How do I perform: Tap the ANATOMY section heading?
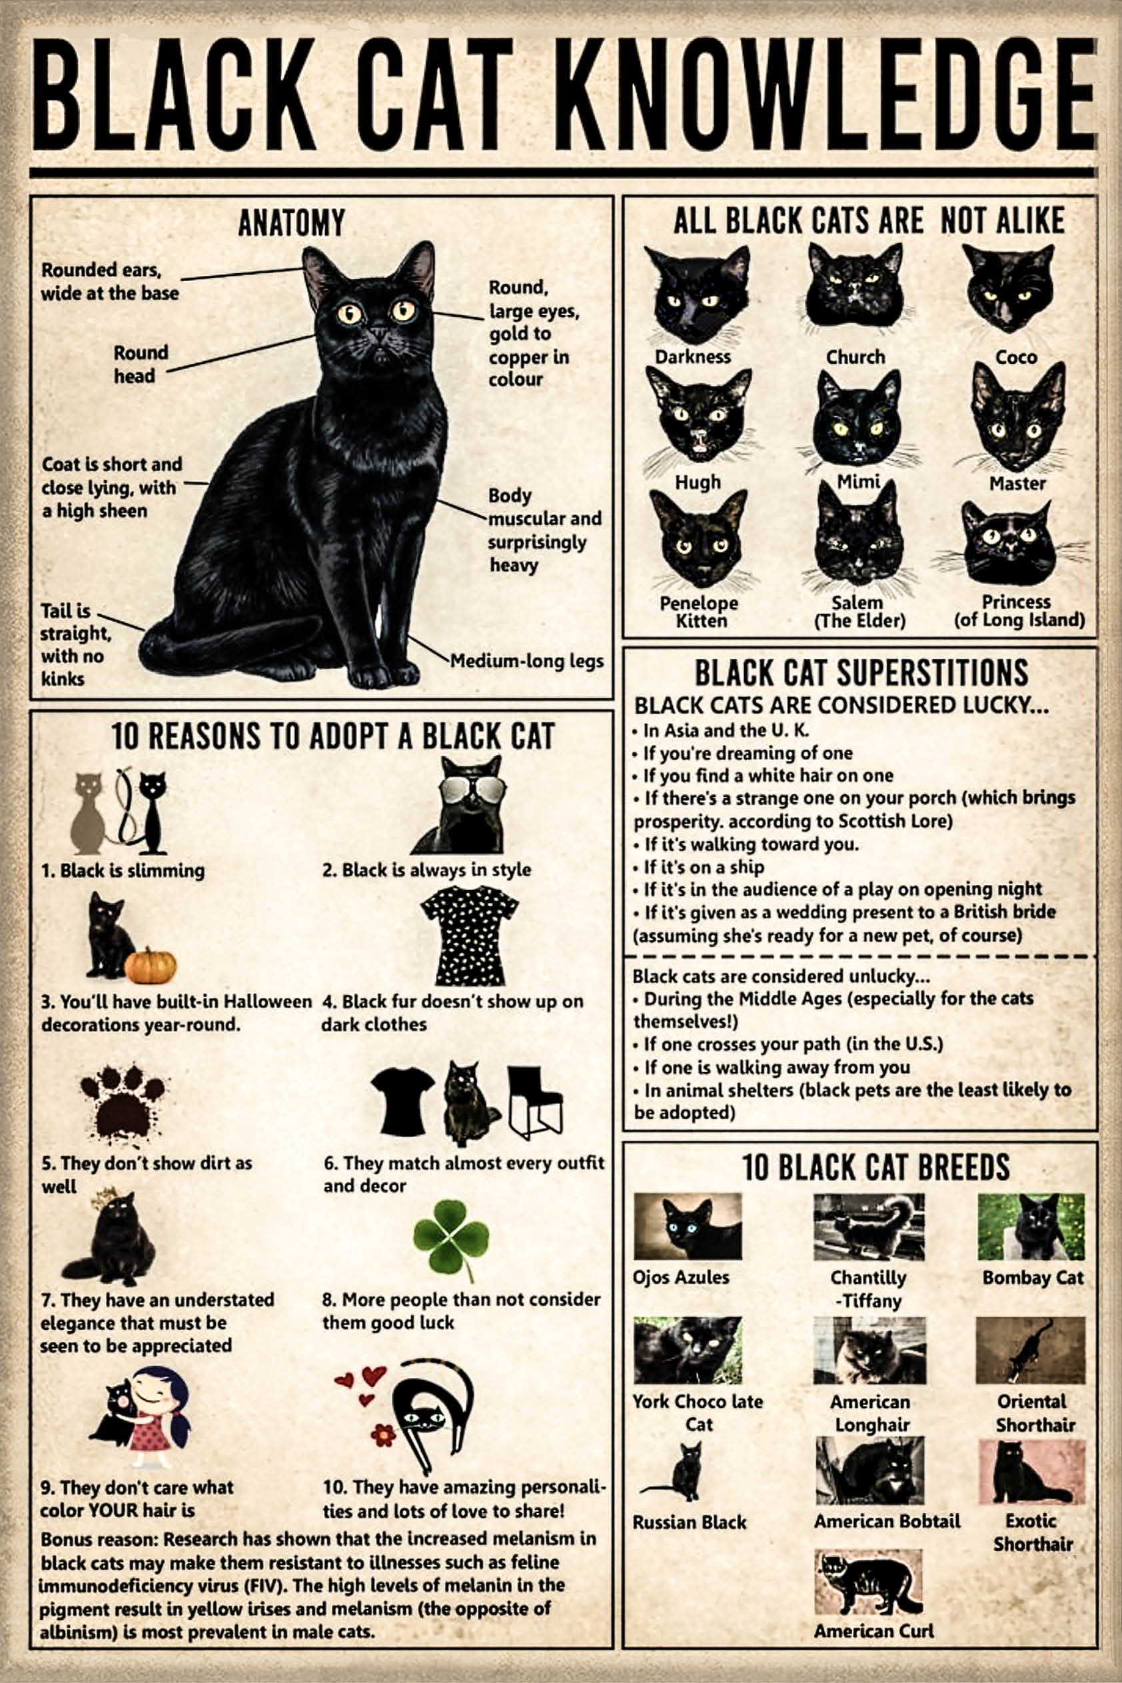[291, 223]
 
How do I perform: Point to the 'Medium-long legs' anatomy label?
[526, 661]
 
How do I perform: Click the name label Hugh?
[698, 482]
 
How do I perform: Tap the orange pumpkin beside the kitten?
[151, 965]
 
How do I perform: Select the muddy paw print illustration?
[122, 1102]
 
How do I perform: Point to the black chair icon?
[534, 1101]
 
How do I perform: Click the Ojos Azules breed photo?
[688, 1227]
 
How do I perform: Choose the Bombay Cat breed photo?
[1031, 1227]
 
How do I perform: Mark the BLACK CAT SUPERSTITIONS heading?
[861, 673]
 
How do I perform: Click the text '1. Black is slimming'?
[123, 870]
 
